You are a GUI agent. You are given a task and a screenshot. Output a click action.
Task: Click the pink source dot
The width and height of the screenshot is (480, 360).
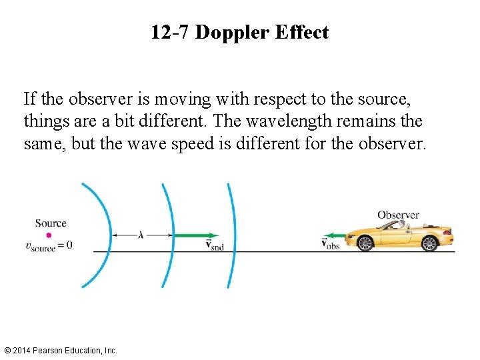(x=49, y=235)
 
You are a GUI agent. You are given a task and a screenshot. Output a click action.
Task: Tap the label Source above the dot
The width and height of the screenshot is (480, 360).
(x=51, y=223)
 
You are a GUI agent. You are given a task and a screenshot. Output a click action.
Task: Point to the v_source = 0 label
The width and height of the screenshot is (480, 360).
(x=49, y=245)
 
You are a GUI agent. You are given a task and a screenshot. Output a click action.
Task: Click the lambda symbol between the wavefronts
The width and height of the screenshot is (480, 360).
(x=141, y=235)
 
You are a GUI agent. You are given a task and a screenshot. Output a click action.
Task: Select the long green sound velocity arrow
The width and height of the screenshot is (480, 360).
(x=196, y=235)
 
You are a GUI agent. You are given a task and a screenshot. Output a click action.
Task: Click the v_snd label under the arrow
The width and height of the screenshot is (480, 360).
(x=215, y=245)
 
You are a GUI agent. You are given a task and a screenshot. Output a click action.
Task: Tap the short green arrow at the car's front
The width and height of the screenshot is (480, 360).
(x=335, y=235)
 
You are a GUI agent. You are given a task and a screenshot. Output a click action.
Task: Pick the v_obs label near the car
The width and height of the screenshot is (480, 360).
(x=331, y=244)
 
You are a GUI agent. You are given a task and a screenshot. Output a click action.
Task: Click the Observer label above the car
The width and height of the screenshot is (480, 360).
(x=398, y=215)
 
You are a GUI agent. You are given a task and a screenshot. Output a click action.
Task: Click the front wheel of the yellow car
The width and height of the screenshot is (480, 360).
(x=365, y=243)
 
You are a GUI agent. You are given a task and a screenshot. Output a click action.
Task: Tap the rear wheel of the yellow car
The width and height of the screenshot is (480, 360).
(x=430, y=243)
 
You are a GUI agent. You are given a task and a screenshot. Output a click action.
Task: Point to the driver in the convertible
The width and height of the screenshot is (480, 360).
(x=400, y=225)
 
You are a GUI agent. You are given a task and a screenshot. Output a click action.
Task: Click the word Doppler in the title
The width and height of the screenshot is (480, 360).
(x=228, y=32)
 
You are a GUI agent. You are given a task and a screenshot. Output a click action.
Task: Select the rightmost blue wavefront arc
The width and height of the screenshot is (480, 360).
(x=233, y=235)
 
